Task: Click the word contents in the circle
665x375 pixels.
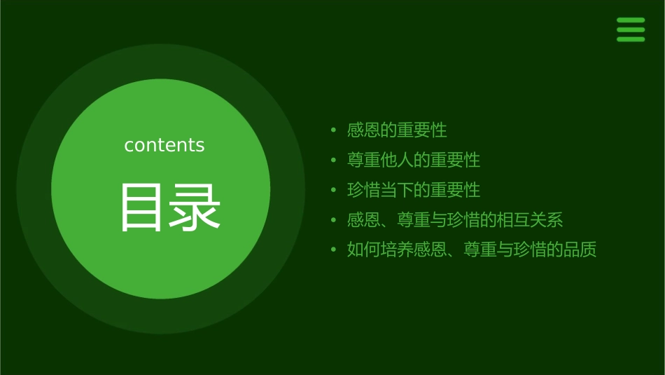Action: pos(164,145)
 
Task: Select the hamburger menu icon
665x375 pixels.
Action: pos(631,29)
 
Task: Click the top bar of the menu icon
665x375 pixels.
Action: pos(631,20)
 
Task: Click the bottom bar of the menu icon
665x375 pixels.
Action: pos(631,39)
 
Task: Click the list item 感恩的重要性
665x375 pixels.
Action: pos(397,130)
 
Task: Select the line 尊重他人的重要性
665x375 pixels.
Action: pos(414,161)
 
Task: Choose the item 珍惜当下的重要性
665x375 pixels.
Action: pos(414,190)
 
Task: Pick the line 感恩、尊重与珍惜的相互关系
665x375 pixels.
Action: pos(455,220)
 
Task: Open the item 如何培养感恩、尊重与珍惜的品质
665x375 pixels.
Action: pos(472,250)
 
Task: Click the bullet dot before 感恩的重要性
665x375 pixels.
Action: pos(334,130)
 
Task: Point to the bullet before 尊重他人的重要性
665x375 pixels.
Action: pos(334,161)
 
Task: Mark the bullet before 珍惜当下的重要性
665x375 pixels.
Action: pos(334,191)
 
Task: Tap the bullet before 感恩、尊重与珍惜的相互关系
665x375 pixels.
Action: pos(334,220)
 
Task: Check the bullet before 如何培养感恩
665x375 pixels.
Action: pos(334,250)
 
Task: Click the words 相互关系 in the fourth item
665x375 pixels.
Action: pos(530,220)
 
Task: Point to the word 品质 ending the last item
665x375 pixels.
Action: pos(580,250)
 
